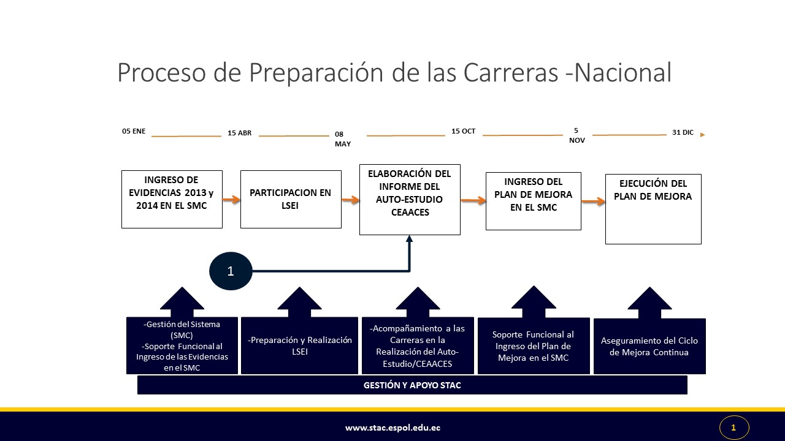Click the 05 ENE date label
134,131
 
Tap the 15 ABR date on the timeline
239,133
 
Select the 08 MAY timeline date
342,139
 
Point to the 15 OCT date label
463,131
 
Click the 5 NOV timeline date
577,135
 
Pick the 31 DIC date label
683,132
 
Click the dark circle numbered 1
231,271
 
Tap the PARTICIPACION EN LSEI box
291,200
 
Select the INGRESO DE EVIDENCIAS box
172,200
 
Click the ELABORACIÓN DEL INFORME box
410,200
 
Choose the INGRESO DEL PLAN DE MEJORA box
534,201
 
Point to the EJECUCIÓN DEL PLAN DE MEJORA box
653,209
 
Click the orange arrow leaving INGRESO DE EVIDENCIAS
231,200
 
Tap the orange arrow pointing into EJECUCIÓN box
593,202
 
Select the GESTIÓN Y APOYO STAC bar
412,385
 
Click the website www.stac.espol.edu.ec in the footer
392,428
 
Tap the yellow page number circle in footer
734,428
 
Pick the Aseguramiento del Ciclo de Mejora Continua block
649,346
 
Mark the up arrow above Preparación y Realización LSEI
300,303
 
